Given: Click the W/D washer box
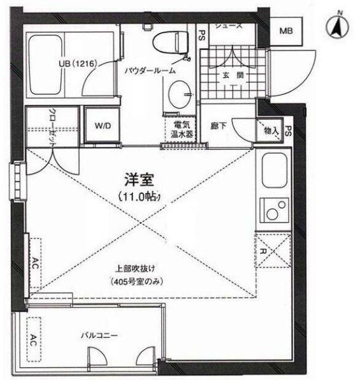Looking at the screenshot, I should [103, 126].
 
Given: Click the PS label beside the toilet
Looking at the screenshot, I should [201, 36].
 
